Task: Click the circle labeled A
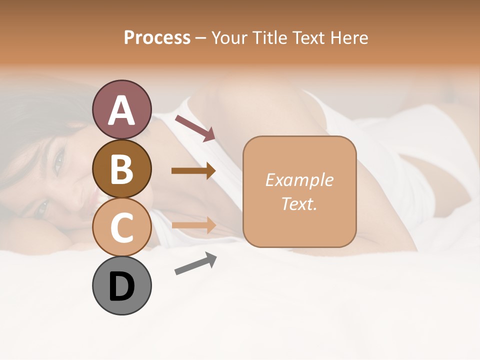click(121, 109)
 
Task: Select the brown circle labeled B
click(121, 168)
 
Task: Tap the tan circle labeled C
click(121, 227)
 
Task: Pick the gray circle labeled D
click(121, 286)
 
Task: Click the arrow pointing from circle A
click(195, 128)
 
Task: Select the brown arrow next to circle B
click(193, 171)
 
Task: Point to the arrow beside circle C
click(193, 225)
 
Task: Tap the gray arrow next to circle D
click(195, 264)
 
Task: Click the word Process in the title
click(157, 37)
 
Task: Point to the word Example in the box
click(299, 180)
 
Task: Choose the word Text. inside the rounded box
click(299, 203)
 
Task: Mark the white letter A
click(121, 110)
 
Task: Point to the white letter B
click(121, 169)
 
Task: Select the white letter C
click(121, 227)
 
